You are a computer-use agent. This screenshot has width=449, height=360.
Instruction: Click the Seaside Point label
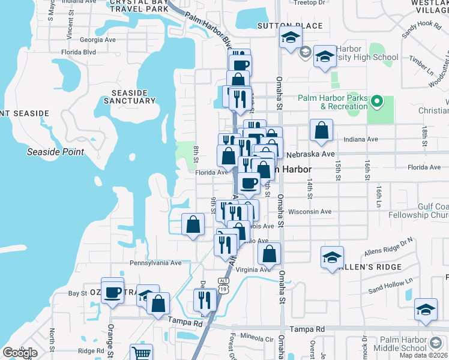click(x=56, y=152)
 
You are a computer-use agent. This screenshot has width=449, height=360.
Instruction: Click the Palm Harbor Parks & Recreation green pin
click(x=377, y=101)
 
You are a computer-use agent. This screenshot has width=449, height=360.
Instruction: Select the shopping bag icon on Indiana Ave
click(x=322, y=130)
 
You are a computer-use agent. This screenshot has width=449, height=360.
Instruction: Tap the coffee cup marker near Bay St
click(x=112, y=292)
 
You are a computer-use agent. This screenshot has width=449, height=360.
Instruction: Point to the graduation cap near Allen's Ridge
click(x=332, y=257)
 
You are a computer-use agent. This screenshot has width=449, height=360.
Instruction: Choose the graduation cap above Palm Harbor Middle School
click(x=426, y=310)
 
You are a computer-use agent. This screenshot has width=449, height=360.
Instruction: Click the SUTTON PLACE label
click(x=281, y=26)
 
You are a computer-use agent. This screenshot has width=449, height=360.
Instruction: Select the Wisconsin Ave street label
click(x=310, y=211)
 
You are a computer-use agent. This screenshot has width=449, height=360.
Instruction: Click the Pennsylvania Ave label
click(x=155, y=263)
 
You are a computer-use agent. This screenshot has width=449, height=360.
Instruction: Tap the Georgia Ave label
click(x=97, y=40)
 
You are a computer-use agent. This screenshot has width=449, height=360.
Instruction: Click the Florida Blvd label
click(x=79, y=52)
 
